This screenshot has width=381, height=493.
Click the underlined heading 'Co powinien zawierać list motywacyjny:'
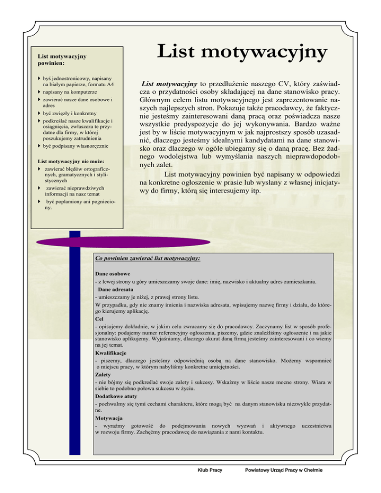(147, 259)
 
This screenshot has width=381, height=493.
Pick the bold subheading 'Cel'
(99, 319)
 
